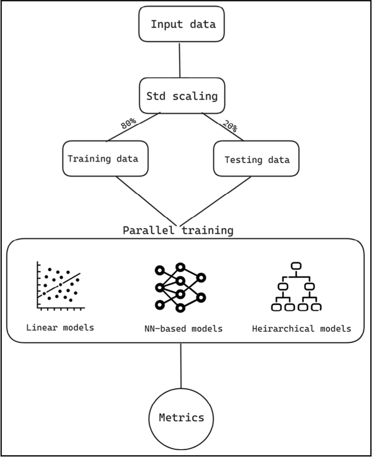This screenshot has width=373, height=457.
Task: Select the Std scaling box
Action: pos(181,96)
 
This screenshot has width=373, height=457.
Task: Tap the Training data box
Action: pos(106,158)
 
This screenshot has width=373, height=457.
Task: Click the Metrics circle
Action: pos(181,417)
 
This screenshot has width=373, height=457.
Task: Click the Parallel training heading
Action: pos(178,230)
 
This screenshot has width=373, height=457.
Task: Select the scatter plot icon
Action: pos(60,287)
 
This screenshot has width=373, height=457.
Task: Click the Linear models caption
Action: pos(60,327)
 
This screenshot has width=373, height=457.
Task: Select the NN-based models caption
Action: pos(181,328)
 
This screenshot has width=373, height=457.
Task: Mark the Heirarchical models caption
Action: pos(302,328)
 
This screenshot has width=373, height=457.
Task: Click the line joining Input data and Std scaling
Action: pos(180,59)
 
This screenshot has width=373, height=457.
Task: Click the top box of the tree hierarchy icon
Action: pos(297,265)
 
